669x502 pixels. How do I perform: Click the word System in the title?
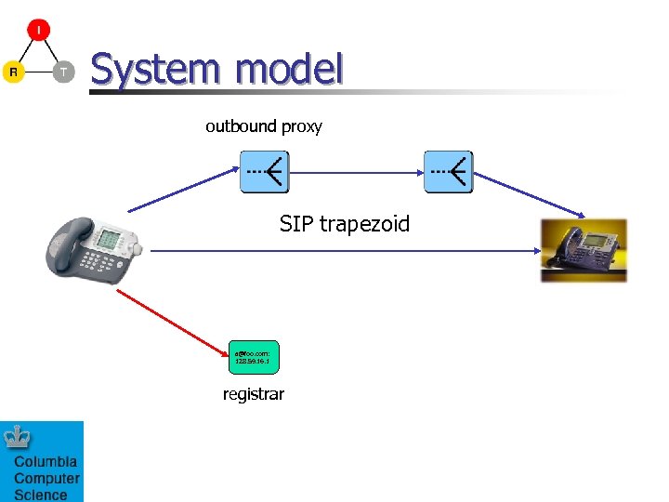click(158, 70)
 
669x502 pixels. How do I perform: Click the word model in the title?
click(289, 70)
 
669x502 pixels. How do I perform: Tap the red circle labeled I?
click(38, 30)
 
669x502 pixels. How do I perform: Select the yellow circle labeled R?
click(13, 72)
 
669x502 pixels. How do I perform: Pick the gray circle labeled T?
click(63, 72)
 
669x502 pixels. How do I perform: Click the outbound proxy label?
click(264, 126)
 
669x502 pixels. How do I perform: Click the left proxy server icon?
click(265, 172)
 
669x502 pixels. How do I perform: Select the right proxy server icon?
click(448, 172)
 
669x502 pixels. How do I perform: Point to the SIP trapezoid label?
click(344, 224)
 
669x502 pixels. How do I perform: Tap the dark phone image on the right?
click(584, 250)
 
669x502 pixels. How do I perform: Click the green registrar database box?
click(253, 357)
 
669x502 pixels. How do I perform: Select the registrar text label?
click(253, 394)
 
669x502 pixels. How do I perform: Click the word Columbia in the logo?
click(46, 462)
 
